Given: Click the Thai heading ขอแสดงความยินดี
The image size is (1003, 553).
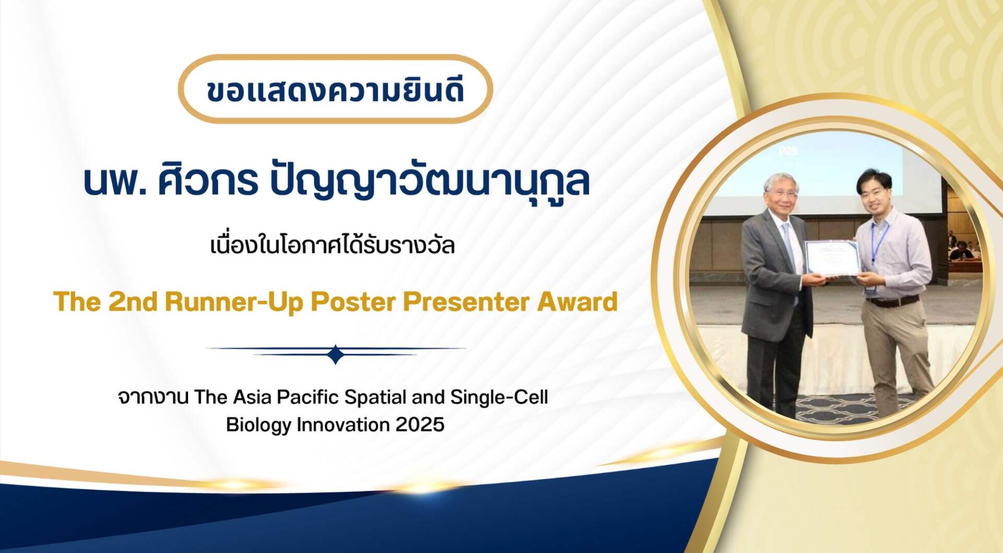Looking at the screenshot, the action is click(335, 90).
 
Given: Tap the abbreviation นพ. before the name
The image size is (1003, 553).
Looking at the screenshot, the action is click(115, 181).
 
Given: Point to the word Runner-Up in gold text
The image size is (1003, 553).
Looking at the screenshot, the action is click(234, 302).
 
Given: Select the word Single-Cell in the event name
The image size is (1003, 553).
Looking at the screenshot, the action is click(499, 397).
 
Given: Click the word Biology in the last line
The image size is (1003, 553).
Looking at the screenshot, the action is click(259, 425).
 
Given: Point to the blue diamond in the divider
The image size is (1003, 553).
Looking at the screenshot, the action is click(336, 354).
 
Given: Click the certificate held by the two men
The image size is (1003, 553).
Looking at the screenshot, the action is click(832, 257).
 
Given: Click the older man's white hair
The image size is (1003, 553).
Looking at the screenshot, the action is click(780, 183).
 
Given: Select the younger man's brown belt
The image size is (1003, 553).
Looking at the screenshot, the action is click(892, 301).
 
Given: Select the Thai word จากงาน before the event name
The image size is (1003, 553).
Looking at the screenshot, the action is click(153, 398).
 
